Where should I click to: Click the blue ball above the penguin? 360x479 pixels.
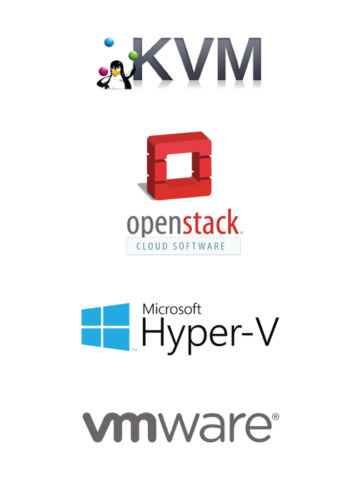(109, 42)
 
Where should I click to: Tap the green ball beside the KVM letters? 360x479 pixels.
(133, 55)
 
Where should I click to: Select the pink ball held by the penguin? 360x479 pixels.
(103, 71)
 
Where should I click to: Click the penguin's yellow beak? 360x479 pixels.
(115, 73)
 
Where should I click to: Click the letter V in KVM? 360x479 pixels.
(194, 59)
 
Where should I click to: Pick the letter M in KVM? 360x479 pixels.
(239, 59)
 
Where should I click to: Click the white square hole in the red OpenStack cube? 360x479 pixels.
(179, 166)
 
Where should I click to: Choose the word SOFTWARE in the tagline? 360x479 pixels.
(199, 246)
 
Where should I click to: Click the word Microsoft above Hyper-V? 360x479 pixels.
(171, 309)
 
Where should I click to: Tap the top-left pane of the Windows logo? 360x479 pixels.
(91, 317)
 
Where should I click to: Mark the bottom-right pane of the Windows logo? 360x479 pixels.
(116, 339)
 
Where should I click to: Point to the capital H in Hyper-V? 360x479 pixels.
(153, 332)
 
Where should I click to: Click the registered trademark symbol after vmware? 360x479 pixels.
(275, 417)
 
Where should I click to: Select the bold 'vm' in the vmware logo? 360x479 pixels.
(119, 427)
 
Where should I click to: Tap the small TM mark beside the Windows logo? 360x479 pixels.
(134, 350)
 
